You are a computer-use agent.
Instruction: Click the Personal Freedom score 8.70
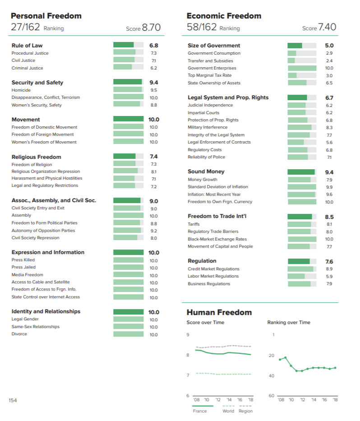coord(151,28)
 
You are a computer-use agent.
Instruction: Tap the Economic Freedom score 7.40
coord(327,28)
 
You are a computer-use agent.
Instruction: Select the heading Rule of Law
coord(27,46)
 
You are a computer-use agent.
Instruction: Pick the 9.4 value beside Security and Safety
coord(153,83)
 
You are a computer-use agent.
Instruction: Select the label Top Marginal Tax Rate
coord(209,75)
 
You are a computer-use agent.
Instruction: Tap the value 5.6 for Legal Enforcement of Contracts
coord(329,142)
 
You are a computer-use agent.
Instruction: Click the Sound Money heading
coord(206,171)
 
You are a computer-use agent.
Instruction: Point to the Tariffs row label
coord(194,224)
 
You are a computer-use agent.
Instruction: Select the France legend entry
coord(199,411)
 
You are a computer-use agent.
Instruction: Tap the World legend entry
coord(228,411)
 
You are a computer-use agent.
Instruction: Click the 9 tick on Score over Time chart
coord(188,335)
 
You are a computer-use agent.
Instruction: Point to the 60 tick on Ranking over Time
coord(271,396)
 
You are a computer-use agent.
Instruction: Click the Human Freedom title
coord(219,312)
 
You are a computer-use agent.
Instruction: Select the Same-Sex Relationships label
coord(35,327)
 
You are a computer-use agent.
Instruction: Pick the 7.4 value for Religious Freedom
coord(153,157)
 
